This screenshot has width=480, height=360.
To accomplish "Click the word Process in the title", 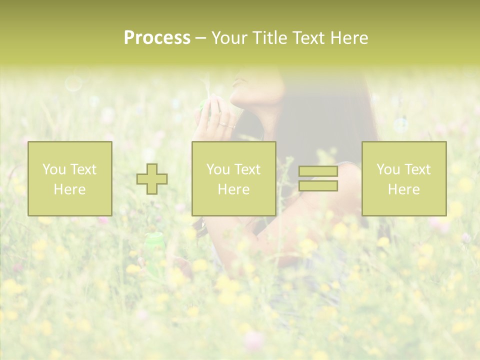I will point(157,38).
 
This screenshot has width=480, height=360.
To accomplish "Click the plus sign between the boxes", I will point(152,178).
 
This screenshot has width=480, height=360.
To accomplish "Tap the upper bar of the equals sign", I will point(318,171).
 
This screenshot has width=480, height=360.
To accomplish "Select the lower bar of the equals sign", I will point(318,186).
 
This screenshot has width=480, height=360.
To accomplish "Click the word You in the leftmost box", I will point(53,169).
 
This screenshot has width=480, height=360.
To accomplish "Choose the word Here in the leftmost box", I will point(69,189).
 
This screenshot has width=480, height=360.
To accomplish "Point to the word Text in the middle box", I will point(247,169).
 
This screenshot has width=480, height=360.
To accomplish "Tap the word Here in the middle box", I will point(233,189).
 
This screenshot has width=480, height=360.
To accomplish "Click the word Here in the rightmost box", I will point(403,189).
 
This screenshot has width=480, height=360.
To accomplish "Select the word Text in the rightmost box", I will point(417,169).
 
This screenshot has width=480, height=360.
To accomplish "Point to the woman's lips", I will point(239,82).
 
